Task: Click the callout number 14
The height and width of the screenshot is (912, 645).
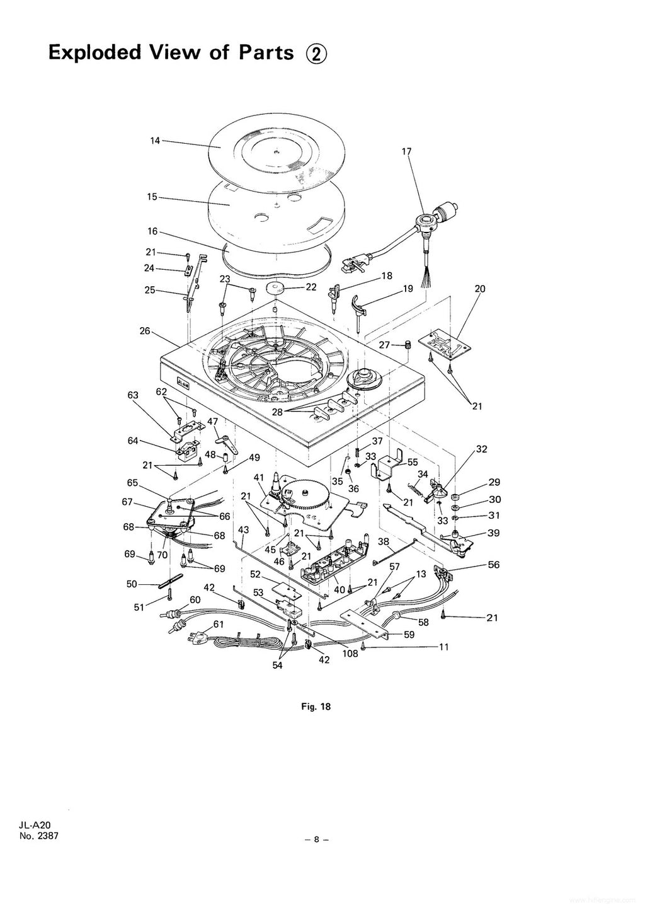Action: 155,141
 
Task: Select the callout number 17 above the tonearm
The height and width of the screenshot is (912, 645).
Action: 406,151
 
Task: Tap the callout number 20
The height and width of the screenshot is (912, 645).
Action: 480,289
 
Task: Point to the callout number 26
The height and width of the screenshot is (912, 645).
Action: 146,330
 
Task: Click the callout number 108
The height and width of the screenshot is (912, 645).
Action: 350,654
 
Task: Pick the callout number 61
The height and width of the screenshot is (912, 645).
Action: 219,624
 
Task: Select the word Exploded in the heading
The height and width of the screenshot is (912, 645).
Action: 94,52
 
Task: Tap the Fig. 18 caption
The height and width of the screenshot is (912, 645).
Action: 316,707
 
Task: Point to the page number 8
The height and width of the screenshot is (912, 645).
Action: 317,839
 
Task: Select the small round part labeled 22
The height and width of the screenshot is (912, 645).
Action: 276,289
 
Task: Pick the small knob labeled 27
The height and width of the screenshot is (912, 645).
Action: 407,345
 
